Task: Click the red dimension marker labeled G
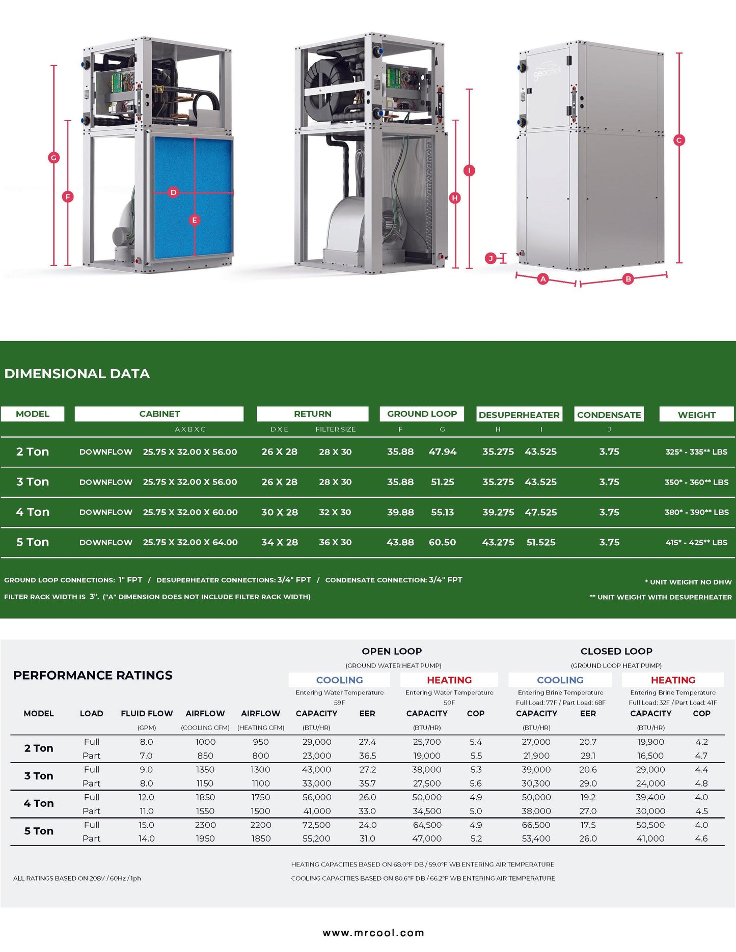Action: [53, 158]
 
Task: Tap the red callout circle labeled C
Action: [679, 140]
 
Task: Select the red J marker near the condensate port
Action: [491, 259]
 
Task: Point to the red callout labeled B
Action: [628, 279]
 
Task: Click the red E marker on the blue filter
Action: [194, 220]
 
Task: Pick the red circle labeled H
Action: [455, 198]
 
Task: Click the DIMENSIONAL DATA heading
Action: [77, 374]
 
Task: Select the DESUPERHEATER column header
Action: [519, 414]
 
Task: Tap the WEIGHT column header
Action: [696, 414]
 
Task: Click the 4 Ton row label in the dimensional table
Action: [33, 512]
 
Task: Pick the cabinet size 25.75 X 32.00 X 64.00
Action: [190, 542]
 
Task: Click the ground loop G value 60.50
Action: [442, 542]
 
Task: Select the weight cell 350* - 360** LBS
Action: [696, 482]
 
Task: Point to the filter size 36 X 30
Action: [335, 542]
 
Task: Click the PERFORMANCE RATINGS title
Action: [93, 675]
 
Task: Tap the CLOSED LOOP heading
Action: [616, 651]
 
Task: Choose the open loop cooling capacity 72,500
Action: [316, 825]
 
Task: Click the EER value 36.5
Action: [367, 755]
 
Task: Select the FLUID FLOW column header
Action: [147, 713]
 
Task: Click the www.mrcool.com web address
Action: [373, 933]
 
